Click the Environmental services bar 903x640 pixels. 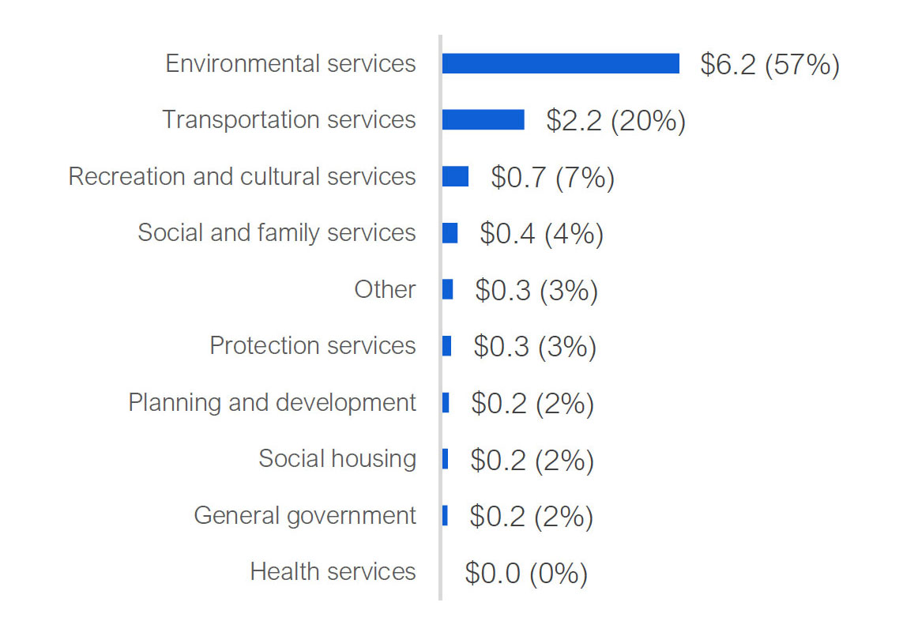pos(560,63)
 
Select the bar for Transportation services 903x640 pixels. pos(483,119)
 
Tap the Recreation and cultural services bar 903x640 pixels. pos(455,176)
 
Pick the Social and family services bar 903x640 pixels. pos(450,232)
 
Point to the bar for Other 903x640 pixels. pos(447,289)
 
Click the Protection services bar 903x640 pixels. pos(446,345)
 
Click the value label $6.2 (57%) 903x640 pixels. pos(769,64)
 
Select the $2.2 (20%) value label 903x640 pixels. pos(615,120)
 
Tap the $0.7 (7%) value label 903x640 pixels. pos(552,177)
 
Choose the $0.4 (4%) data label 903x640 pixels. pos(541,233)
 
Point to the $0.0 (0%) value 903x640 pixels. pos(526,573)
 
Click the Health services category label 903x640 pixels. pos(333,571)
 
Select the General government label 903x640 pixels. pos(305,515)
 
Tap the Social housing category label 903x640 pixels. pos(337,458)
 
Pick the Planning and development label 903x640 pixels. pos(272,402)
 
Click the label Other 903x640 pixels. pos(385,289)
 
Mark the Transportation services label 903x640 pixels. pos(289,119)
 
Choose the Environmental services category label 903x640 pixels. pos(291,63)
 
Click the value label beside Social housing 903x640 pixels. pos(532,460)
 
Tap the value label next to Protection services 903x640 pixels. pos(535,346)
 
